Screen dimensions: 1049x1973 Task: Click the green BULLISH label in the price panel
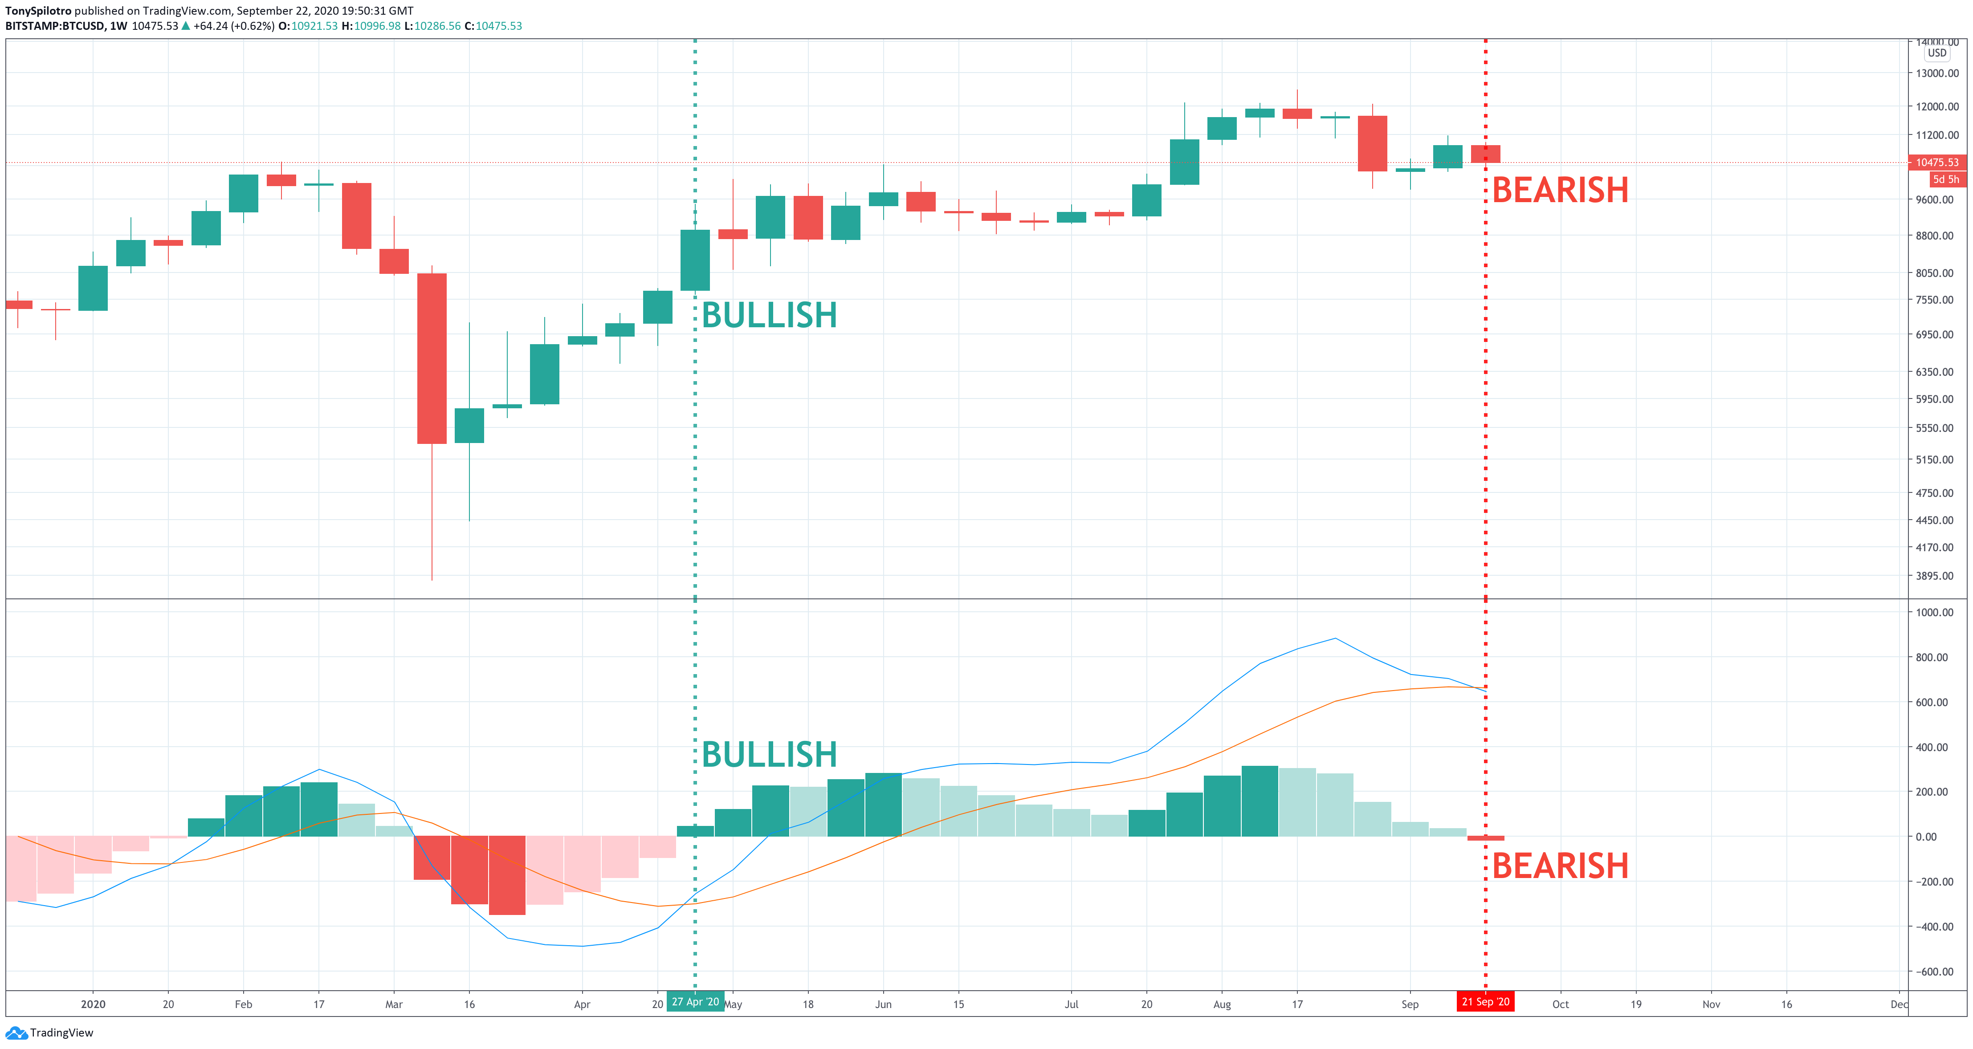[769, 316]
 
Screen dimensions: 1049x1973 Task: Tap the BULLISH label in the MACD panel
[769, 755]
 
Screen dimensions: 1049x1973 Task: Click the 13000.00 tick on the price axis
[1937, 73]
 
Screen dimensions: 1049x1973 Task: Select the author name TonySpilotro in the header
[38, 11]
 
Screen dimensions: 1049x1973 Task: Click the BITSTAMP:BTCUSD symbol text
[55, 26]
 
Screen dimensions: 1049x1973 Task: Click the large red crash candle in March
[432, 358]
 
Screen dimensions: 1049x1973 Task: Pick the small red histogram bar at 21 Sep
[1485, 838]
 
